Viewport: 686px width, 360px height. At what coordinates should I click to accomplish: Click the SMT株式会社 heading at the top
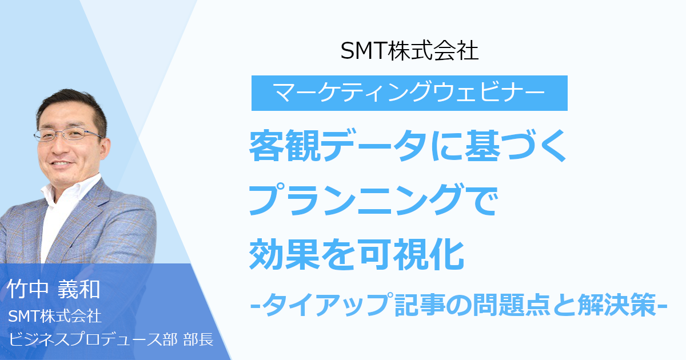coord(409,51)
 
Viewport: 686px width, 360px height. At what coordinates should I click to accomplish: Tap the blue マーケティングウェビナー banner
coord(409,93)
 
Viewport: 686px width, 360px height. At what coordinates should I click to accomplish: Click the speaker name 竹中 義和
coord(53,289)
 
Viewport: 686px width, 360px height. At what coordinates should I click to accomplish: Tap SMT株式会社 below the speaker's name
coord(54,315)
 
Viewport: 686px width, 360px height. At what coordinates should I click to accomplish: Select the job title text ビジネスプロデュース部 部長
coord(111,339)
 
